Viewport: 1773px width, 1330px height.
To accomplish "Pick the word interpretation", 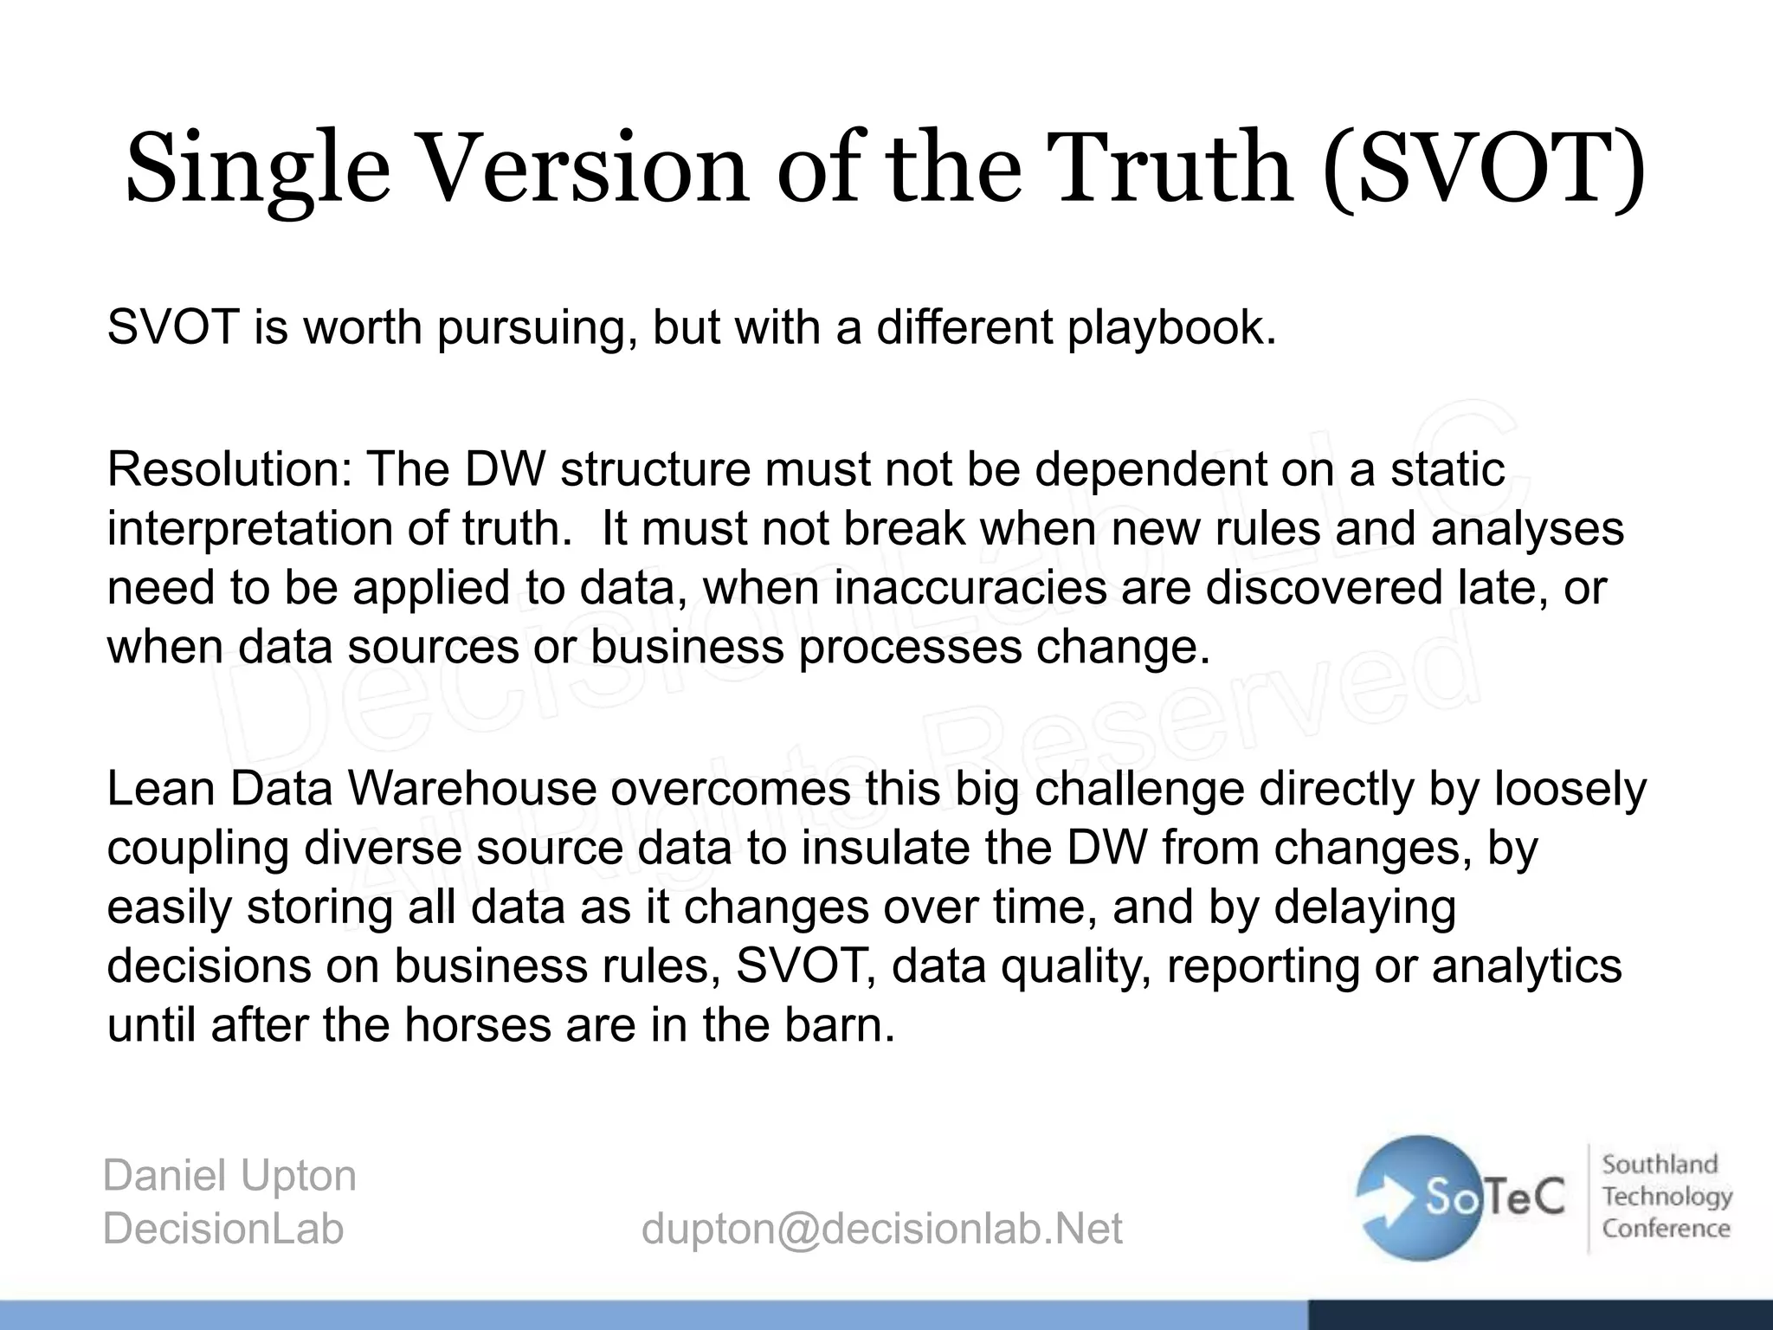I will tap(249, 528).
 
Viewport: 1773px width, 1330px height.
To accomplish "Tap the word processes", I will tap(910, 646).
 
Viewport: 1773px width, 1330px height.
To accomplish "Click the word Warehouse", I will tap(472, 790).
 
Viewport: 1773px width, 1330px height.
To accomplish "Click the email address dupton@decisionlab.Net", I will tap(881, 1229).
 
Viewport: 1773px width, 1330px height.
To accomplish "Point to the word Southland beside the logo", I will tap(1660, 1165).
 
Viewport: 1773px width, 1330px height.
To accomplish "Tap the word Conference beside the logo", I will tap(1666, 1229).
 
